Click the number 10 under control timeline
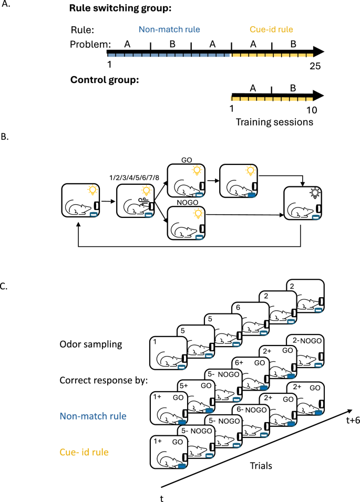pyautogui.click(x=311, y=110)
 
